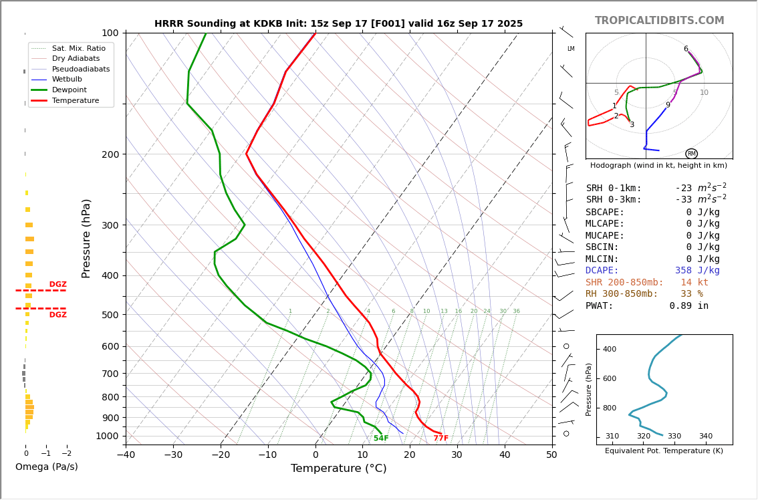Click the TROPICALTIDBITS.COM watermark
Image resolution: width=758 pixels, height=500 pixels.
(x=659, y=21)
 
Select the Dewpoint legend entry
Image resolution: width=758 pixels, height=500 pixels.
(x=70, y=90)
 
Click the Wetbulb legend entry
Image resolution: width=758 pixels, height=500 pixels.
(x=67, y=79)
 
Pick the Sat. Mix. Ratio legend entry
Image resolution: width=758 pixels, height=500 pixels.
(x=78, y=48)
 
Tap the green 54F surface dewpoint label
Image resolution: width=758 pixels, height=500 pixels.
(x=381, y=439)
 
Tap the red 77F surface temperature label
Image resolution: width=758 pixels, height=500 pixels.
(x=441, y=439)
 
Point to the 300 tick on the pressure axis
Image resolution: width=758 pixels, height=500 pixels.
(x=110, y=225)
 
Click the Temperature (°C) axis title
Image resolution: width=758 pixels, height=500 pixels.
(x=338, y=469)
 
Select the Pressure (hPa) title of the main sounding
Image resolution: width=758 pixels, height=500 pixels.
(x=87, y=238)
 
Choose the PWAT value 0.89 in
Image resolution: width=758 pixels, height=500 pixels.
(x=689, y=306)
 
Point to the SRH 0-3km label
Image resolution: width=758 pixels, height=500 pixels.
(x=614, y=200)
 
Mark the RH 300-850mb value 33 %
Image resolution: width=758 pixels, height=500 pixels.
(x=692, y=294)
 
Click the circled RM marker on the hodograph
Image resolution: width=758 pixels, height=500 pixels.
(x=691, y=154)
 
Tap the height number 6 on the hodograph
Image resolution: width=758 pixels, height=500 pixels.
(x=686, y=49)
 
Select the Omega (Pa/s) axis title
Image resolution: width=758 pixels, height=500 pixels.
(x=47, y=467)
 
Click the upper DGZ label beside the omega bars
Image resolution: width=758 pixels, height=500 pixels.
(x=58, y=285)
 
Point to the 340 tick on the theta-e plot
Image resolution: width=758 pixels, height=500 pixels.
(x=705, y=436)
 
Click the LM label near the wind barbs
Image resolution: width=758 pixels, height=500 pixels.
(x=571, y=49)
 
